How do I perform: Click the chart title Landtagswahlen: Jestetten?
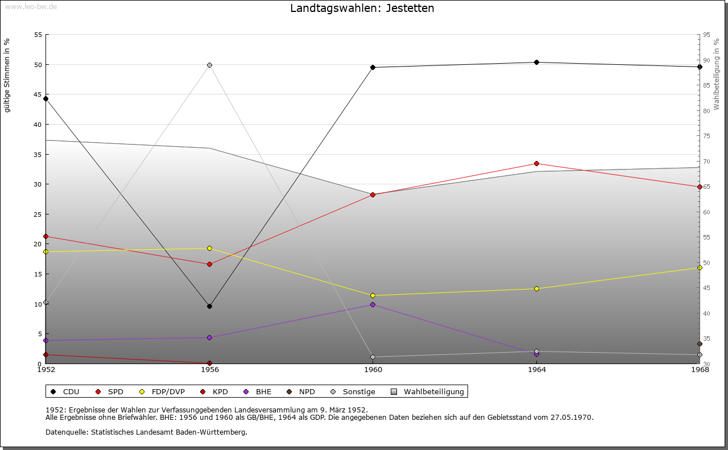(x=362, y=8)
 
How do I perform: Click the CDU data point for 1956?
(x=210, y=306)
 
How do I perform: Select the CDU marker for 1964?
(x=536, y=62)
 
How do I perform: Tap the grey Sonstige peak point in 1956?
(x=210, y=65)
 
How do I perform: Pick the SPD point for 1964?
(x=536, y=163)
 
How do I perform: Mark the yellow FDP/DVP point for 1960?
(x=373, y=295)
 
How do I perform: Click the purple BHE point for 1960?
(x=373, y=304)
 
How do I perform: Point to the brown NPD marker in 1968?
(x=700, y=344)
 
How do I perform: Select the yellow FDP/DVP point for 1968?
(x=700, y=267)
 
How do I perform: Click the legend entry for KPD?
(x=220, y=391)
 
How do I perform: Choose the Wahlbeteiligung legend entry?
(x=433, y=391)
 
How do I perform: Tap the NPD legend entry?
(x=307, y=391)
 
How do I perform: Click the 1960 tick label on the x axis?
(x=373, y=370)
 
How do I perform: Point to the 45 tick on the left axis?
(x=38, y=94)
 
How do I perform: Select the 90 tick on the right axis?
(x=706, y=60)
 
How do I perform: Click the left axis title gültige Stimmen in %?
(x=7, y=75)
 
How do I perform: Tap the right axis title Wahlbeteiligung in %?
(x=717, y=73)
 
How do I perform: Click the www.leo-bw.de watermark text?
(x=30, y=6)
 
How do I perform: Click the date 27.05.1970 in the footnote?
(x=572, y=417)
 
